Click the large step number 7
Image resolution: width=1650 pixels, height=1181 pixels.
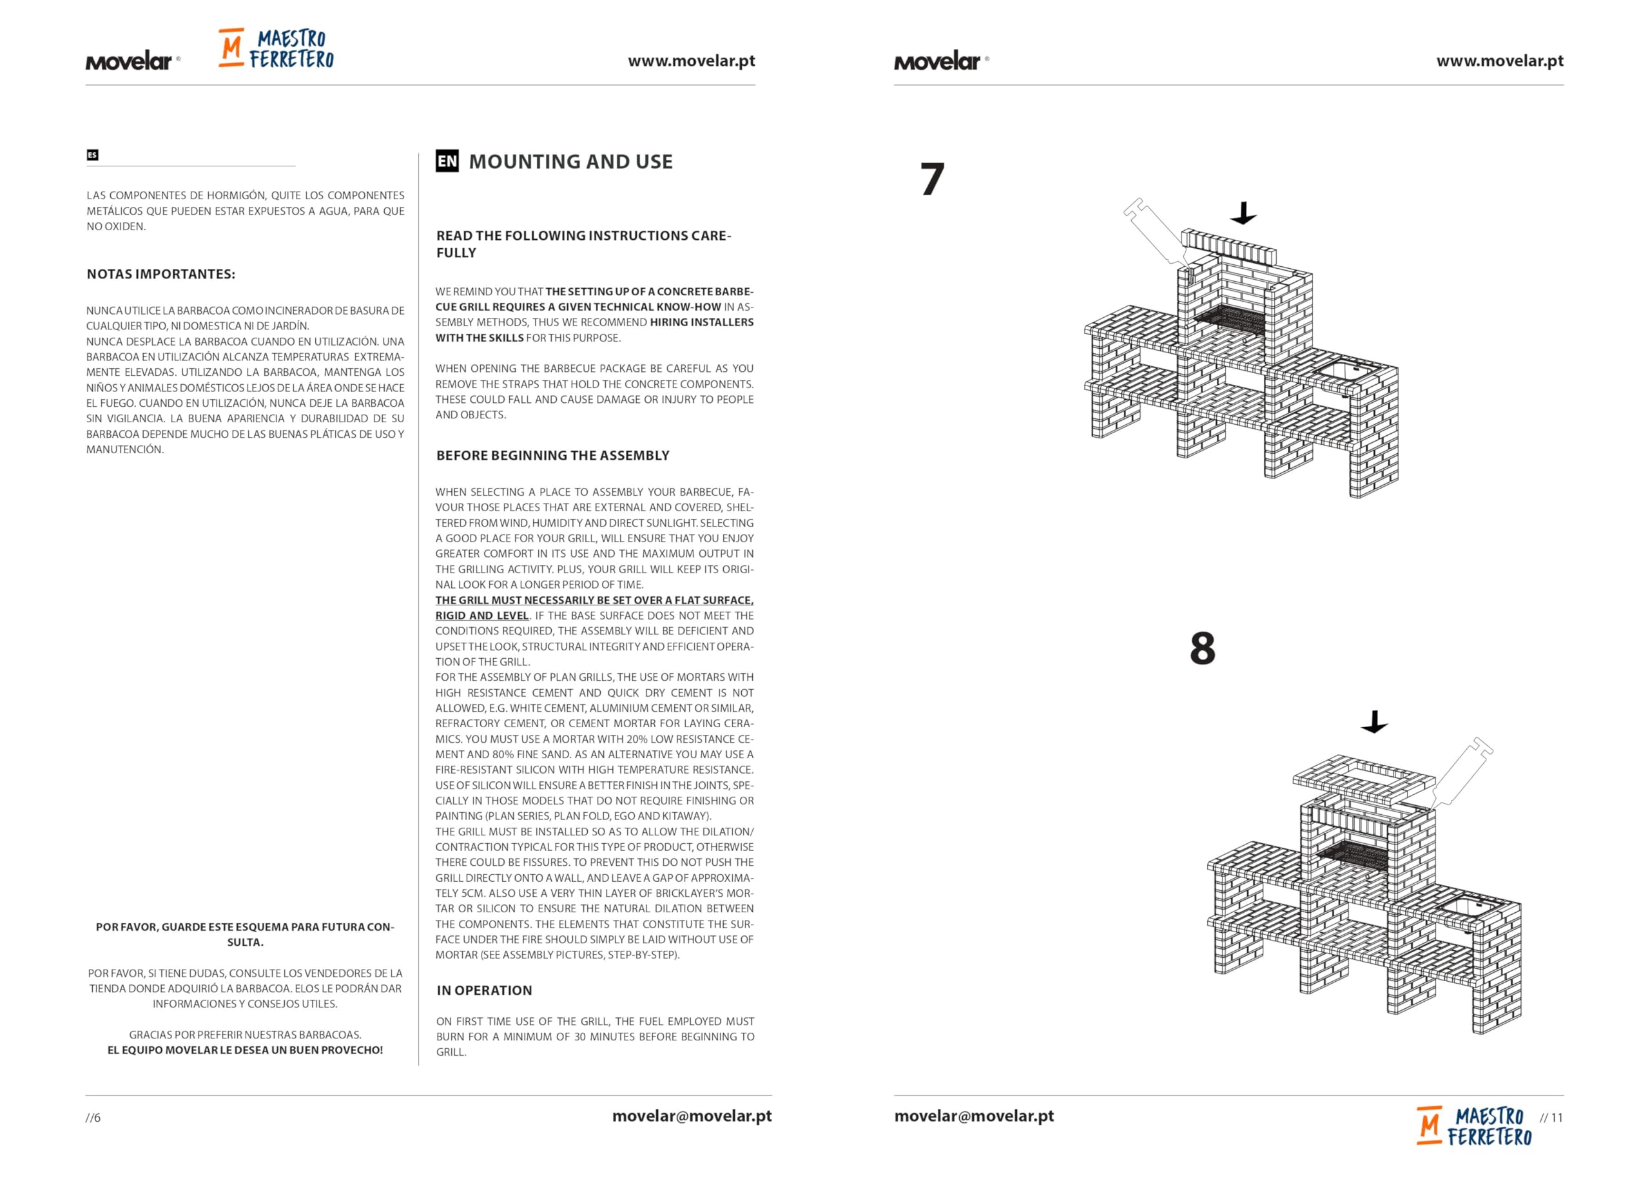tap(932, 179)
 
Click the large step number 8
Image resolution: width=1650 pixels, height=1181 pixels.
tap(1202, 648)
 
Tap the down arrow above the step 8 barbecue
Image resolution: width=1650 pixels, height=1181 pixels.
tap(1375, 722)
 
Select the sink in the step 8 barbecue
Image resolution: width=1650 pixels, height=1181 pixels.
tap(1463, 907)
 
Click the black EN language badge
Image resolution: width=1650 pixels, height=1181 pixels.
tap(447, 161)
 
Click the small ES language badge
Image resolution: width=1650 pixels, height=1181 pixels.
tap(92, 155)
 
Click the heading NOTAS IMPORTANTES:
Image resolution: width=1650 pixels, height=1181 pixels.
tap(160, 274)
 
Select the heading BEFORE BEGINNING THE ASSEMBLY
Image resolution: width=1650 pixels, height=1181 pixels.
tap(552, 455)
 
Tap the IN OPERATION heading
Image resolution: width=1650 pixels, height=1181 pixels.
tap(484, 990)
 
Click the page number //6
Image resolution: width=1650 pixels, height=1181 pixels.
tap(93, 1118)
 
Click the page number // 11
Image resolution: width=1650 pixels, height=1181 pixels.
tap(1551, 1118)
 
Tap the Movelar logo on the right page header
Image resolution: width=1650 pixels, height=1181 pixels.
tap(940, 61)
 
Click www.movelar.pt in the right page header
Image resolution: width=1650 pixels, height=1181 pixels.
tap(1500, 61)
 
